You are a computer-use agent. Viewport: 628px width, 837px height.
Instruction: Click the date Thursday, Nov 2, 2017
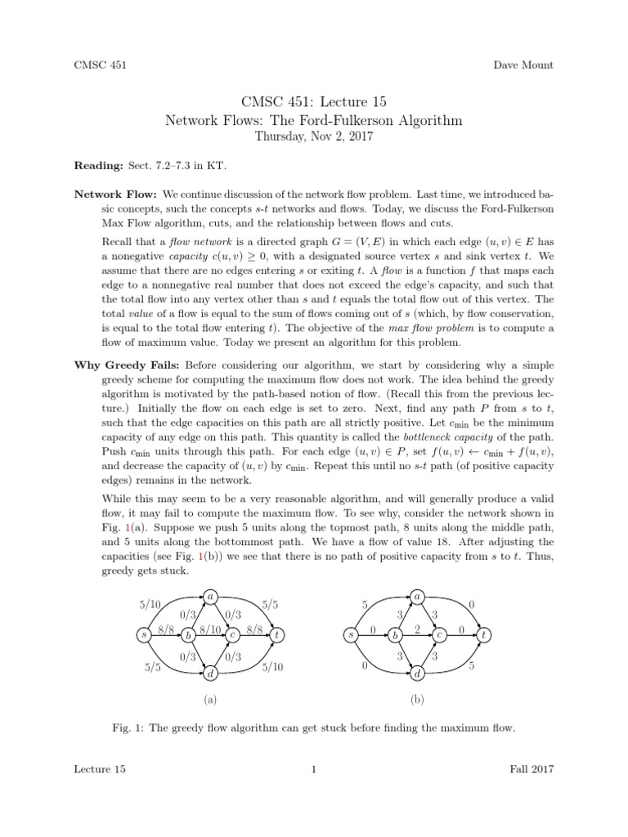coord(314,137)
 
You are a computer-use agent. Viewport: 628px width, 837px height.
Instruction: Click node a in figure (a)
coord(210,596)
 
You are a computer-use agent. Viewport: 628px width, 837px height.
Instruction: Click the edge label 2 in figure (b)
coord(416,629)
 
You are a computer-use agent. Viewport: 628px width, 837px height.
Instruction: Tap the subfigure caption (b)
coord(418,700)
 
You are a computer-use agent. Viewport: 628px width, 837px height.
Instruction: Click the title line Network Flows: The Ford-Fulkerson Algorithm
coord(314,121)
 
